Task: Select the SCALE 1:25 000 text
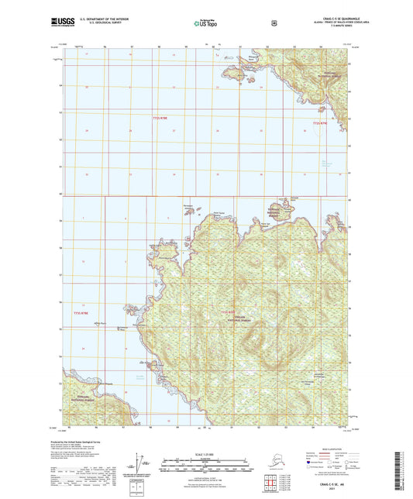click(x=206, y=454)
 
